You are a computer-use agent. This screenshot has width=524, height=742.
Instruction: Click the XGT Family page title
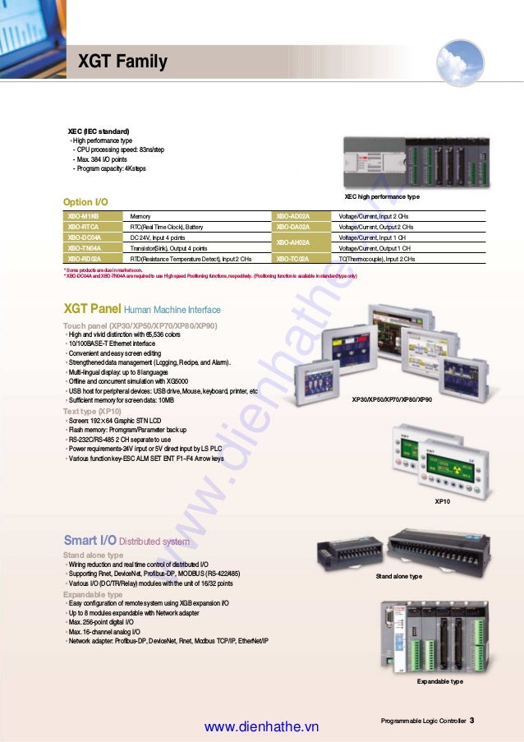[122, 62]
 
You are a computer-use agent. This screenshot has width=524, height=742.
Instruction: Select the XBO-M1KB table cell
[83, 215]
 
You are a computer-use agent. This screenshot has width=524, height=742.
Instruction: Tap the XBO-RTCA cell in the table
[83, 226]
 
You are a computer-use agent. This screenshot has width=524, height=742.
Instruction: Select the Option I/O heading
[85, 202]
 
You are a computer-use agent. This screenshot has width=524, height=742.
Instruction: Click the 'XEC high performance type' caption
[382, 197]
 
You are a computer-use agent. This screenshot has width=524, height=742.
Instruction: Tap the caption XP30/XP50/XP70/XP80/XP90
[392, 399]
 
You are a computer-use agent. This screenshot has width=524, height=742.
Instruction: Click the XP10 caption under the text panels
[443, 500]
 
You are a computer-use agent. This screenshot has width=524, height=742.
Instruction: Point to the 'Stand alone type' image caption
[399, 577]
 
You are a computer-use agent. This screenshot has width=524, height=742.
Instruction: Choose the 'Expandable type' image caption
[439, 681]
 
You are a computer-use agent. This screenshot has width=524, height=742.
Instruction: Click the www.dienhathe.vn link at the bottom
[260, 727]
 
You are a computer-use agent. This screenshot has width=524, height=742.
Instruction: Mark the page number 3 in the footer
[472, 721]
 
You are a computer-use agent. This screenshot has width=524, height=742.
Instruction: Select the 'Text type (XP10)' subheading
[92, 410]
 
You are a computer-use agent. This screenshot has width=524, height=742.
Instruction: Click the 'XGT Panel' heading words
[92, 309]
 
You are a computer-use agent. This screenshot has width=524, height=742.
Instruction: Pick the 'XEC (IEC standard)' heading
[98, 131]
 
